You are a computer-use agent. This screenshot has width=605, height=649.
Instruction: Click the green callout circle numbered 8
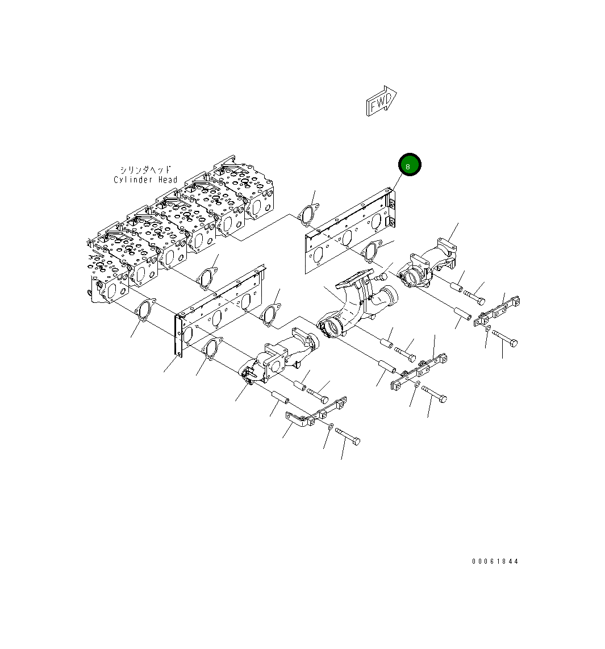click(409, 165)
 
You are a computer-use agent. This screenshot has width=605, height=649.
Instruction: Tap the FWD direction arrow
click(381, 101)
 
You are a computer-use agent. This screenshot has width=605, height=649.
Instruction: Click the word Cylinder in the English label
click(133, 180)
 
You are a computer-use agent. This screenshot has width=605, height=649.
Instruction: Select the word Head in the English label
click(168, 180)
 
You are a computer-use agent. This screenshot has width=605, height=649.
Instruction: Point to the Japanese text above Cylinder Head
click(145, 170)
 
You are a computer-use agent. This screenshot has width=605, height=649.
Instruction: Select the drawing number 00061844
click(495, 561)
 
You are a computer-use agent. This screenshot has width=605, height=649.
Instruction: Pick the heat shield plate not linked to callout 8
click(219, 310)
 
